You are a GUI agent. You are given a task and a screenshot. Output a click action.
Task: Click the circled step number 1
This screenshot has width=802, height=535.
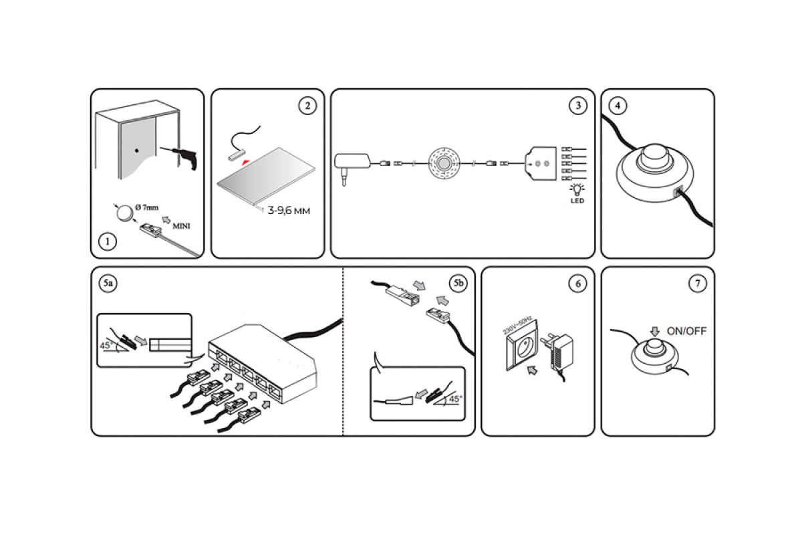[106, 241]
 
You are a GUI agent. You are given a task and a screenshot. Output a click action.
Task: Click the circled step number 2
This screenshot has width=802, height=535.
[307, 106]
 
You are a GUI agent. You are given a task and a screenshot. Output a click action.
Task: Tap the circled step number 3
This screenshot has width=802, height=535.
[577, 106]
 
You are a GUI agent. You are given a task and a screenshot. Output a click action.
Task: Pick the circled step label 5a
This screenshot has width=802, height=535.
[108, 284]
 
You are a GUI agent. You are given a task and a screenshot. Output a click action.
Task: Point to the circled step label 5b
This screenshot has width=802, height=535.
[458, 284]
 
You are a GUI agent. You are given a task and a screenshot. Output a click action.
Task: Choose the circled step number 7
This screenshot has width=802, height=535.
[697, 284]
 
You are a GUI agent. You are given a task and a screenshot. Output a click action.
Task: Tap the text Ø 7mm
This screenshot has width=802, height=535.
[146, 208]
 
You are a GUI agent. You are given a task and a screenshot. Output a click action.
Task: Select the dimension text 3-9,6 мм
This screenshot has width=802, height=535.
[289, 211]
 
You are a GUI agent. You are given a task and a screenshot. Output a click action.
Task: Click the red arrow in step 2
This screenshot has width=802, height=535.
[247, 162]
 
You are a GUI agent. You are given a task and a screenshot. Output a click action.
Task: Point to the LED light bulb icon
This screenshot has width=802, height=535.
[575, 191]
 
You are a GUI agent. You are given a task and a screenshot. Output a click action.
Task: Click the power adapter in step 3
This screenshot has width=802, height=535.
[354, 163]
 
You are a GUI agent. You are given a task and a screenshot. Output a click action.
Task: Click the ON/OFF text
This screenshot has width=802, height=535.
[686, 331]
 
